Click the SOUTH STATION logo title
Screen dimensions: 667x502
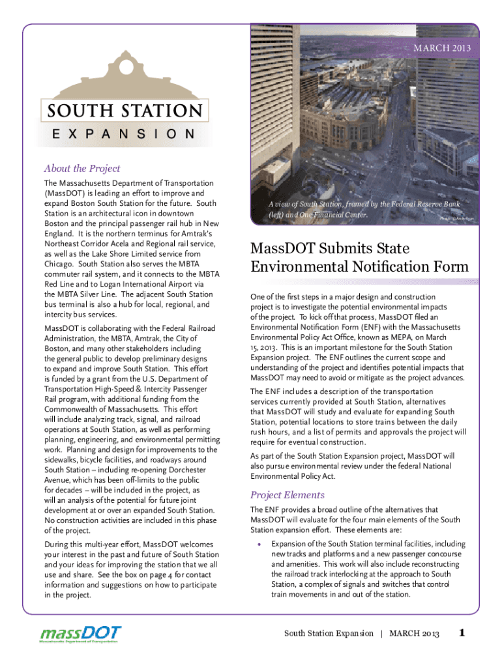pyautogui.click(x=124, y=110)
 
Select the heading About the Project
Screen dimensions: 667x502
pyautogui.click(x=81, y=169)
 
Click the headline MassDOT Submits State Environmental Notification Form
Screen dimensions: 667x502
pyautogui.click(x=359, y=258)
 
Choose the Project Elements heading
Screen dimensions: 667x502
pyautogui.click(x=287, y=494)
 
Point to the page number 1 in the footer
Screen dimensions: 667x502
pyautogui.click(x=462, y=632)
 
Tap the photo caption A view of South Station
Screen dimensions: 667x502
pyautogui.click(x=359, y=210)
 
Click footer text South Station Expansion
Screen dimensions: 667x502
pyautogui.click(x=329, y=634)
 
